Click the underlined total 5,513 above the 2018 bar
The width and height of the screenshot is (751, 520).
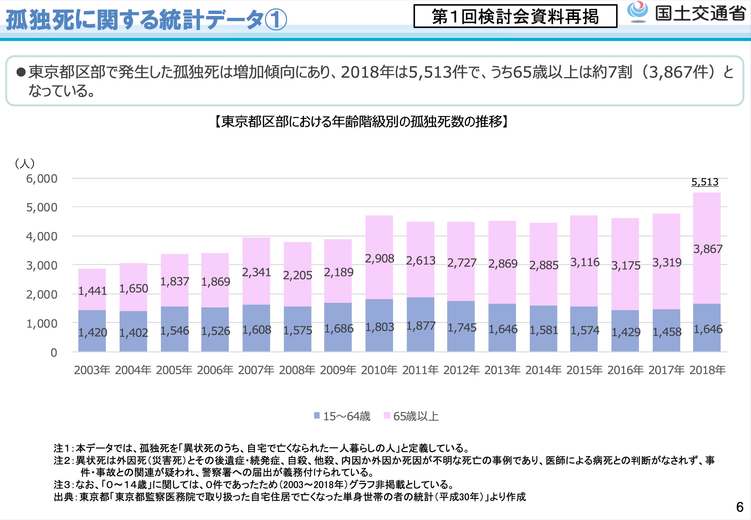point(705,182)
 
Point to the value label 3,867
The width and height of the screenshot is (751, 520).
point(708,249)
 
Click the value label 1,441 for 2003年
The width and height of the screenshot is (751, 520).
point(92,291)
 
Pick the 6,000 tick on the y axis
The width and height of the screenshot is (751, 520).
point(42,179)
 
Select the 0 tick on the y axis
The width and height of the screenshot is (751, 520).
point(54,353)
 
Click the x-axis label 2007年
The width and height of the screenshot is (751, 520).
point(256,370)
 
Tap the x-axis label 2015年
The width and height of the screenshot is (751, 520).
point(585,370)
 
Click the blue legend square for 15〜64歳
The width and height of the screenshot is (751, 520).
point(316,415)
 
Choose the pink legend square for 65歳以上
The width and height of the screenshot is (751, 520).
point(387,415)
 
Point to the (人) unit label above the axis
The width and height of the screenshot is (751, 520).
point(25,163)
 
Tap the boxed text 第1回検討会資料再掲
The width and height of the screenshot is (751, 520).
point(515,16)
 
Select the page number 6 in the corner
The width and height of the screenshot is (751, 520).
point(740,507)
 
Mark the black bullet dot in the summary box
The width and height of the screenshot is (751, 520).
point(21,72)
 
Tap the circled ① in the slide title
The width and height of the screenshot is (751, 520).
point(276,20)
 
